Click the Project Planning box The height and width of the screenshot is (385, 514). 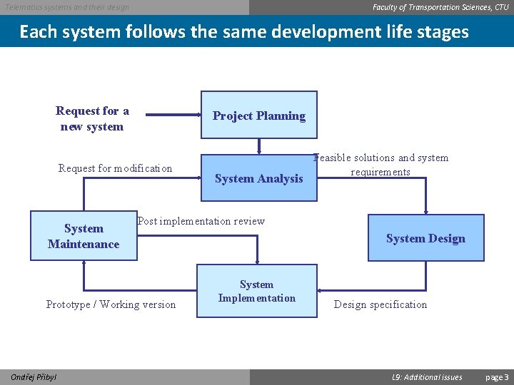coord(258,115)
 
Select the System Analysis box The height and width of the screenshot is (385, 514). coord(258,178)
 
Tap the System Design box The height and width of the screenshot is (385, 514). coord(425,238)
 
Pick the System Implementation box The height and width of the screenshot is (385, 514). coord(257,291)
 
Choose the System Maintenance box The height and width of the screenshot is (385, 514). coord(84,236)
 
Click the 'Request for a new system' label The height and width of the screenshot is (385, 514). coord(92,118)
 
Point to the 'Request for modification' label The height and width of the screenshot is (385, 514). coord(115,168)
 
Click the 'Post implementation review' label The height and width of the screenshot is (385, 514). coord(201,221)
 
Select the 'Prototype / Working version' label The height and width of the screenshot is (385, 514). coord(111,304)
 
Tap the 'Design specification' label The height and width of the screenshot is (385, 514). coord(381,304)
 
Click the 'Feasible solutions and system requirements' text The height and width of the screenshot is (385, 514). coord(381,165)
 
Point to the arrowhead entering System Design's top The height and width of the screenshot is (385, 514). coord(425,211)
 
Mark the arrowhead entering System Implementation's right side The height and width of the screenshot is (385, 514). coord(321,291)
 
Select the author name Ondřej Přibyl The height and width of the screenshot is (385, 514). coord(34,377)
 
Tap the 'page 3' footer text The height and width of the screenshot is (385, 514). coord(497,377)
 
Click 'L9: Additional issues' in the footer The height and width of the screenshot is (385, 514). coord(428,377)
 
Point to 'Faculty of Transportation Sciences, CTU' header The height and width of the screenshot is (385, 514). coord(440,7)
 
